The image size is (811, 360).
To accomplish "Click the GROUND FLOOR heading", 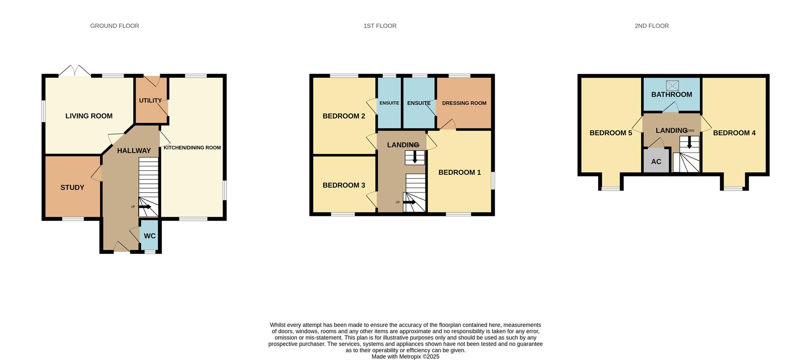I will [x=114, y=26].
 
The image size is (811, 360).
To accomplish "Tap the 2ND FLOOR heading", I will [x=651, y=26].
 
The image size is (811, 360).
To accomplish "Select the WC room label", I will [x=150, y=236].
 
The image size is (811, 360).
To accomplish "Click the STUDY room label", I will [x=72, y=188].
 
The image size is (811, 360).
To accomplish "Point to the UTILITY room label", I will [x=150, y=101].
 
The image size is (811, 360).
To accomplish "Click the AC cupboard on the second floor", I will [x=656, y=161].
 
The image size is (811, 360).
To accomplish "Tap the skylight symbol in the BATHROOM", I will [x=672, y=85].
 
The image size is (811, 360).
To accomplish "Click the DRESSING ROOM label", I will [x=464, y=103].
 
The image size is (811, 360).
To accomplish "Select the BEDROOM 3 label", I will [x=343, y=185].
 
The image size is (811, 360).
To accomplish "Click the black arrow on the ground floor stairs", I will [x=145, y=207].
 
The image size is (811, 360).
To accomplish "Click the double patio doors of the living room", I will [x=74, y=71].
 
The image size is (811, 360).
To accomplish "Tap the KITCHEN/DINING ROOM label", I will [x=192, y=147].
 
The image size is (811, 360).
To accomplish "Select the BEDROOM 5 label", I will [x=610, y=133].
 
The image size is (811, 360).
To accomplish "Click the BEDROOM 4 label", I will [x=734, y=133].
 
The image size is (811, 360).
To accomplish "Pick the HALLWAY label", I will [x=133, y=150].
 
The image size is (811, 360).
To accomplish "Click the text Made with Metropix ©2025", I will [x=405, y=357].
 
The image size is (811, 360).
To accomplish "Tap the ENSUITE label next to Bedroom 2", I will [x=389, y=103].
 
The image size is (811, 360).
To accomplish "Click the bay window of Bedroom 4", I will [x=734, y=188].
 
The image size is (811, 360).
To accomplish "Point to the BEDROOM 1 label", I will [x=459, y=172].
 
